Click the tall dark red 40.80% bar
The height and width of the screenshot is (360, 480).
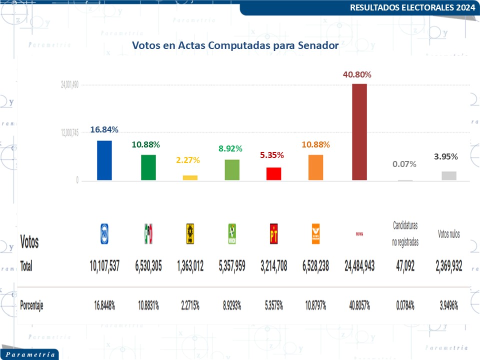pyautogui.click(x=359, y=132)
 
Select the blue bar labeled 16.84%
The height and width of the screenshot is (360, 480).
pyautogui.click(x=104, y=160)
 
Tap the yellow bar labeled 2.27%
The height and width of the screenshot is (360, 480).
pyautogui.click(x=190, y=177)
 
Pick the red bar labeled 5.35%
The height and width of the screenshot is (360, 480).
pyautogui.click(x=273, y=173)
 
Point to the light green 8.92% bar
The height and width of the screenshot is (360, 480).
pyautogui.click(x=232, y=169)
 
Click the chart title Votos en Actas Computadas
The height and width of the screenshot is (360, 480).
pyautogui.click(x=235, y=45)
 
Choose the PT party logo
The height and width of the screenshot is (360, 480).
pyautogui.click(x=273, y=233)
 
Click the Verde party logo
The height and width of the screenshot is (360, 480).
pyautogui.click(x=231, y=233)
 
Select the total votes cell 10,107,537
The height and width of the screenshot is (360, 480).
pyautogui.click(x=104, y=266)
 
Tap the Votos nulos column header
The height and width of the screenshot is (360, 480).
pyautogui.click(x=448, y=234)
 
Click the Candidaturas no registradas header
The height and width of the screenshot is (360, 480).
pyautogui.click(x=405, y=234)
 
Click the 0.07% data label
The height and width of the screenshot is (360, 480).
pyautogui.click(x=404, y=164)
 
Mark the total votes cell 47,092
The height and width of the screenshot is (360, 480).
pyautogui.click(x=405, y=266)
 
